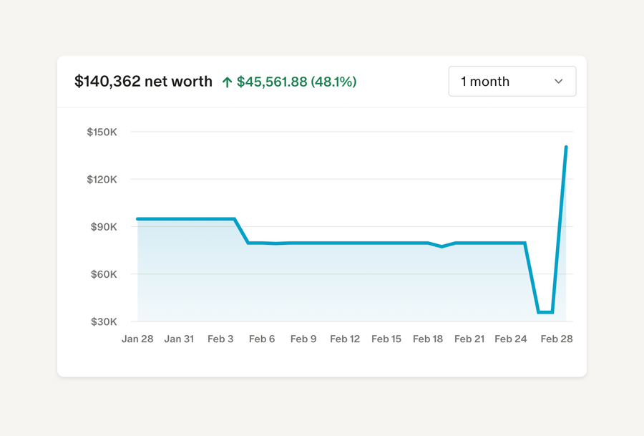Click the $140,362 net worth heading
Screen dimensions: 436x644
[143, 82]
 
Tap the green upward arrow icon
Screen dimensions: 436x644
[227, 82]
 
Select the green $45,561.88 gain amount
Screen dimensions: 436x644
[272, 82]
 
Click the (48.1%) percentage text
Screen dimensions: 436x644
[333, 82]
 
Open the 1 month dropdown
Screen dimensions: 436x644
[512, 82]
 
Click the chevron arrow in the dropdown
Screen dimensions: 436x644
[559, 82]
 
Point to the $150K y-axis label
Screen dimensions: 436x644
[102, 132]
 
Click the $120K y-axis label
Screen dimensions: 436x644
[102, 179]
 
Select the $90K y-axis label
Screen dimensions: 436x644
[103, 227]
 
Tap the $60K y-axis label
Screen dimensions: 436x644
[103, 274]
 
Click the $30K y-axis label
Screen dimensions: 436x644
[103, 321]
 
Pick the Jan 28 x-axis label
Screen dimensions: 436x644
[137, 339]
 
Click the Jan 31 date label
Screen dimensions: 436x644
[179, 339]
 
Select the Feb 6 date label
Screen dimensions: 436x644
[262, 339]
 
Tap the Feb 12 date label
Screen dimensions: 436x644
[345, 339]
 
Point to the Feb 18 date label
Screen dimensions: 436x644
[428, 339]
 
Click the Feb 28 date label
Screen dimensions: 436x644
[557, 339]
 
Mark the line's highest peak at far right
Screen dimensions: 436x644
[566, 147]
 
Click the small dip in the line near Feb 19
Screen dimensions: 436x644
[442, 246]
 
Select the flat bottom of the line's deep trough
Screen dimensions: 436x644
[545, 312]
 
